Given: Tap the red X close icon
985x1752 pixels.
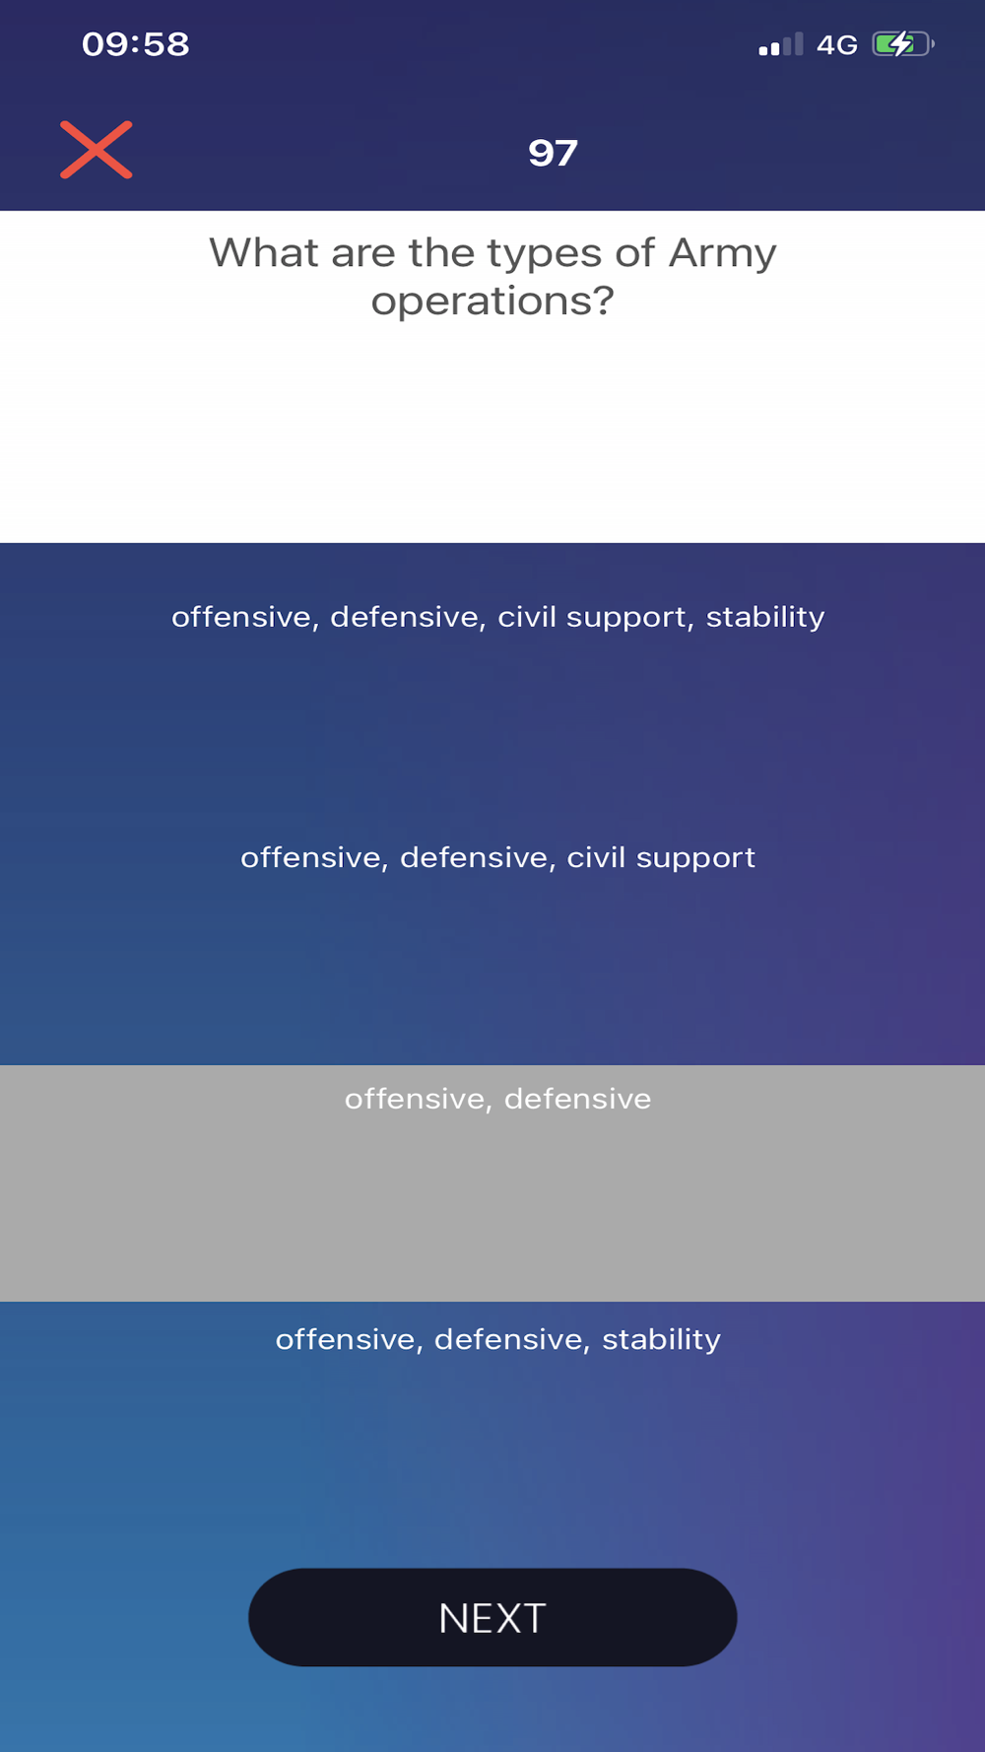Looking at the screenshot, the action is tap(97, 150).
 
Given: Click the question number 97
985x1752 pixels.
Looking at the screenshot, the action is tap(553, 153).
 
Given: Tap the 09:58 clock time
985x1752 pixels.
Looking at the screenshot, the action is tap(135, 44).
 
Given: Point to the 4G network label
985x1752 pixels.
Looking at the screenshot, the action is tap(837, 45).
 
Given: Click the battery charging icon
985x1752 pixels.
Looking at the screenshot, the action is tap(902, 44).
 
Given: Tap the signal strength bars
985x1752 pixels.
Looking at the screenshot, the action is tap(781, 45).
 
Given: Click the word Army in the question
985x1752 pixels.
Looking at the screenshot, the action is tap(723, 253).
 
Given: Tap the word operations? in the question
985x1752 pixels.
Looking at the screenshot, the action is tap(492, 302).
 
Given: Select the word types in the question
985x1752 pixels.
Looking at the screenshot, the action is tap(545, 254).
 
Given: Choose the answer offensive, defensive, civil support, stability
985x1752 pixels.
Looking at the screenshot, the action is tap(498, 618).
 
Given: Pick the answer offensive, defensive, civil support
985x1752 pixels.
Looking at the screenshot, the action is tap(498, 858).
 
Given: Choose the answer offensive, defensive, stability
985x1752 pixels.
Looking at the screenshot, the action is tap(498, 1340).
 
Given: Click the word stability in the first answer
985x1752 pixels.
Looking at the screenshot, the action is tap(765, 618).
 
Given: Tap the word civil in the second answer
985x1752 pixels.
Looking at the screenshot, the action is tap(596, 857).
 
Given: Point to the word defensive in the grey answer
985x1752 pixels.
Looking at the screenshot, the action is tap(578, 1099).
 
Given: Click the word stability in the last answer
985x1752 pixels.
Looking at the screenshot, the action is tap(662, 1340).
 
